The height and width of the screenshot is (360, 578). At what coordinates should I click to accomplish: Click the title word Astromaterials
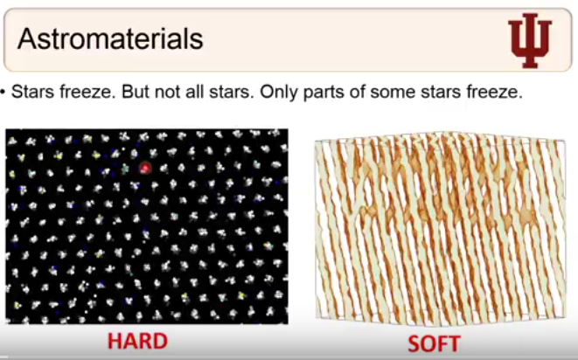point(110,38)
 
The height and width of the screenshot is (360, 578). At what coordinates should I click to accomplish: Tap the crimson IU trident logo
point(530,40)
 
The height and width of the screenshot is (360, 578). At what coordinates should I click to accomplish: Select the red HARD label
point(137,341)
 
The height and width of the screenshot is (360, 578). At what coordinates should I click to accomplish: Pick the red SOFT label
point(434,343)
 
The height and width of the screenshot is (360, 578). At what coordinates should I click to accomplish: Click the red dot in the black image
point(145,168)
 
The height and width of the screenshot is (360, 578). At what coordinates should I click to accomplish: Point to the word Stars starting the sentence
point(33,92)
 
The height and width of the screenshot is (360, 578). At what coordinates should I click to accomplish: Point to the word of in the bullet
point(358,92)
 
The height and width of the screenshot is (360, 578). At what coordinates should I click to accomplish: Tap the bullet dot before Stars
point(3,92)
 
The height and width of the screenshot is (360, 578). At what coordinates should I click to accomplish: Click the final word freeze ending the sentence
point(495,92)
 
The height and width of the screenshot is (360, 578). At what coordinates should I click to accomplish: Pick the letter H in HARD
point(115,341)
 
